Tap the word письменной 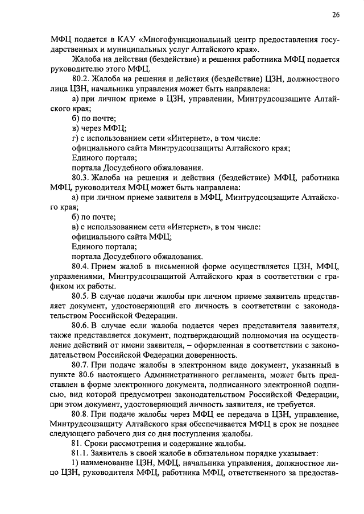177,266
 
